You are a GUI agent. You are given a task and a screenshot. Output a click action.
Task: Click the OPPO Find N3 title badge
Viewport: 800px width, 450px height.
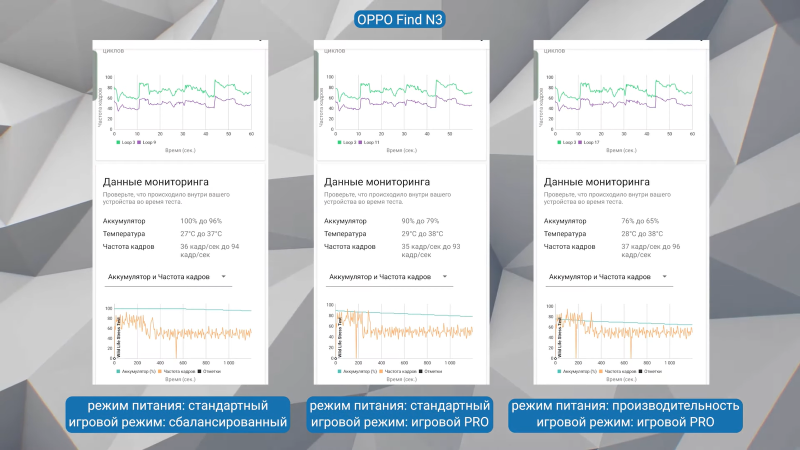coord(399,19)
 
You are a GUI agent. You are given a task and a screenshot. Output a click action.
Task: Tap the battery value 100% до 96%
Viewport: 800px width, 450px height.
coord(201,221)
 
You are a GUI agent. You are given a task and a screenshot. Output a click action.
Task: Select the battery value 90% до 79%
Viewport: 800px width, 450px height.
coord(420,221)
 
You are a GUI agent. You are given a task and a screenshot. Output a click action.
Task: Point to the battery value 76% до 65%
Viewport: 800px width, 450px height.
coord(640,221)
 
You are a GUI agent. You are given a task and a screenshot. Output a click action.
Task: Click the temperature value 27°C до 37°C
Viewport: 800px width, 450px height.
coord(201,233)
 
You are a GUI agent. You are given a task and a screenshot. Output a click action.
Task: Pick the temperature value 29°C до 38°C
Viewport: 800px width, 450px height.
coord(422,233)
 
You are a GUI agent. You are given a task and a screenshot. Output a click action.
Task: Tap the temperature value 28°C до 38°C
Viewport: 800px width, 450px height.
coord(642,233)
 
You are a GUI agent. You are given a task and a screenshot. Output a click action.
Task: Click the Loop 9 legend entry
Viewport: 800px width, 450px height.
coord(148,142)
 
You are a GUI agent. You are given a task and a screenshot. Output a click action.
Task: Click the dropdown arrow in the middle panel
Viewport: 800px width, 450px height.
coord(444,276)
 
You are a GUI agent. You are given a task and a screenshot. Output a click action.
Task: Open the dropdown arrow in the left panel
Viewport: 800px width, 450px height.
coord(223,276)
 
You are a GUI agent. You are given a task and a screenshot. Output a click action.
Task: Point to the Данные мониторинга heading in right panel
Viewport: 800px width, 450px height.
coord(596,182)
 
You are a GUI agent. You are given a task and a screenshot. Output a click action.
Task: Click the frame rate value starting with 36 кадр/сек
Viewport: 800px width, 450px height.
coord(209,250)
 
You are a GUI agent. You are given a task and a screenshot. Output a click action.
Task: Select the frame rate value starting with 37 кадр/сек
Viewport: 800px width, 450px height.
coord(650,250)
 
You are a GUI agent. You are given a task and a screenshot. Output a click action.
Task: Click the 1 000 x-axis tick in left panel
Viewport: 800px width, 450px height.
coord(229,363)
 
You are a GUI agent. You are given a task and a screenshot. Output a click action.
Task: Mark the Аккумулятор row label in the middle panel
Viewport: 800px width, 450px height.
coord(345,221)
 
